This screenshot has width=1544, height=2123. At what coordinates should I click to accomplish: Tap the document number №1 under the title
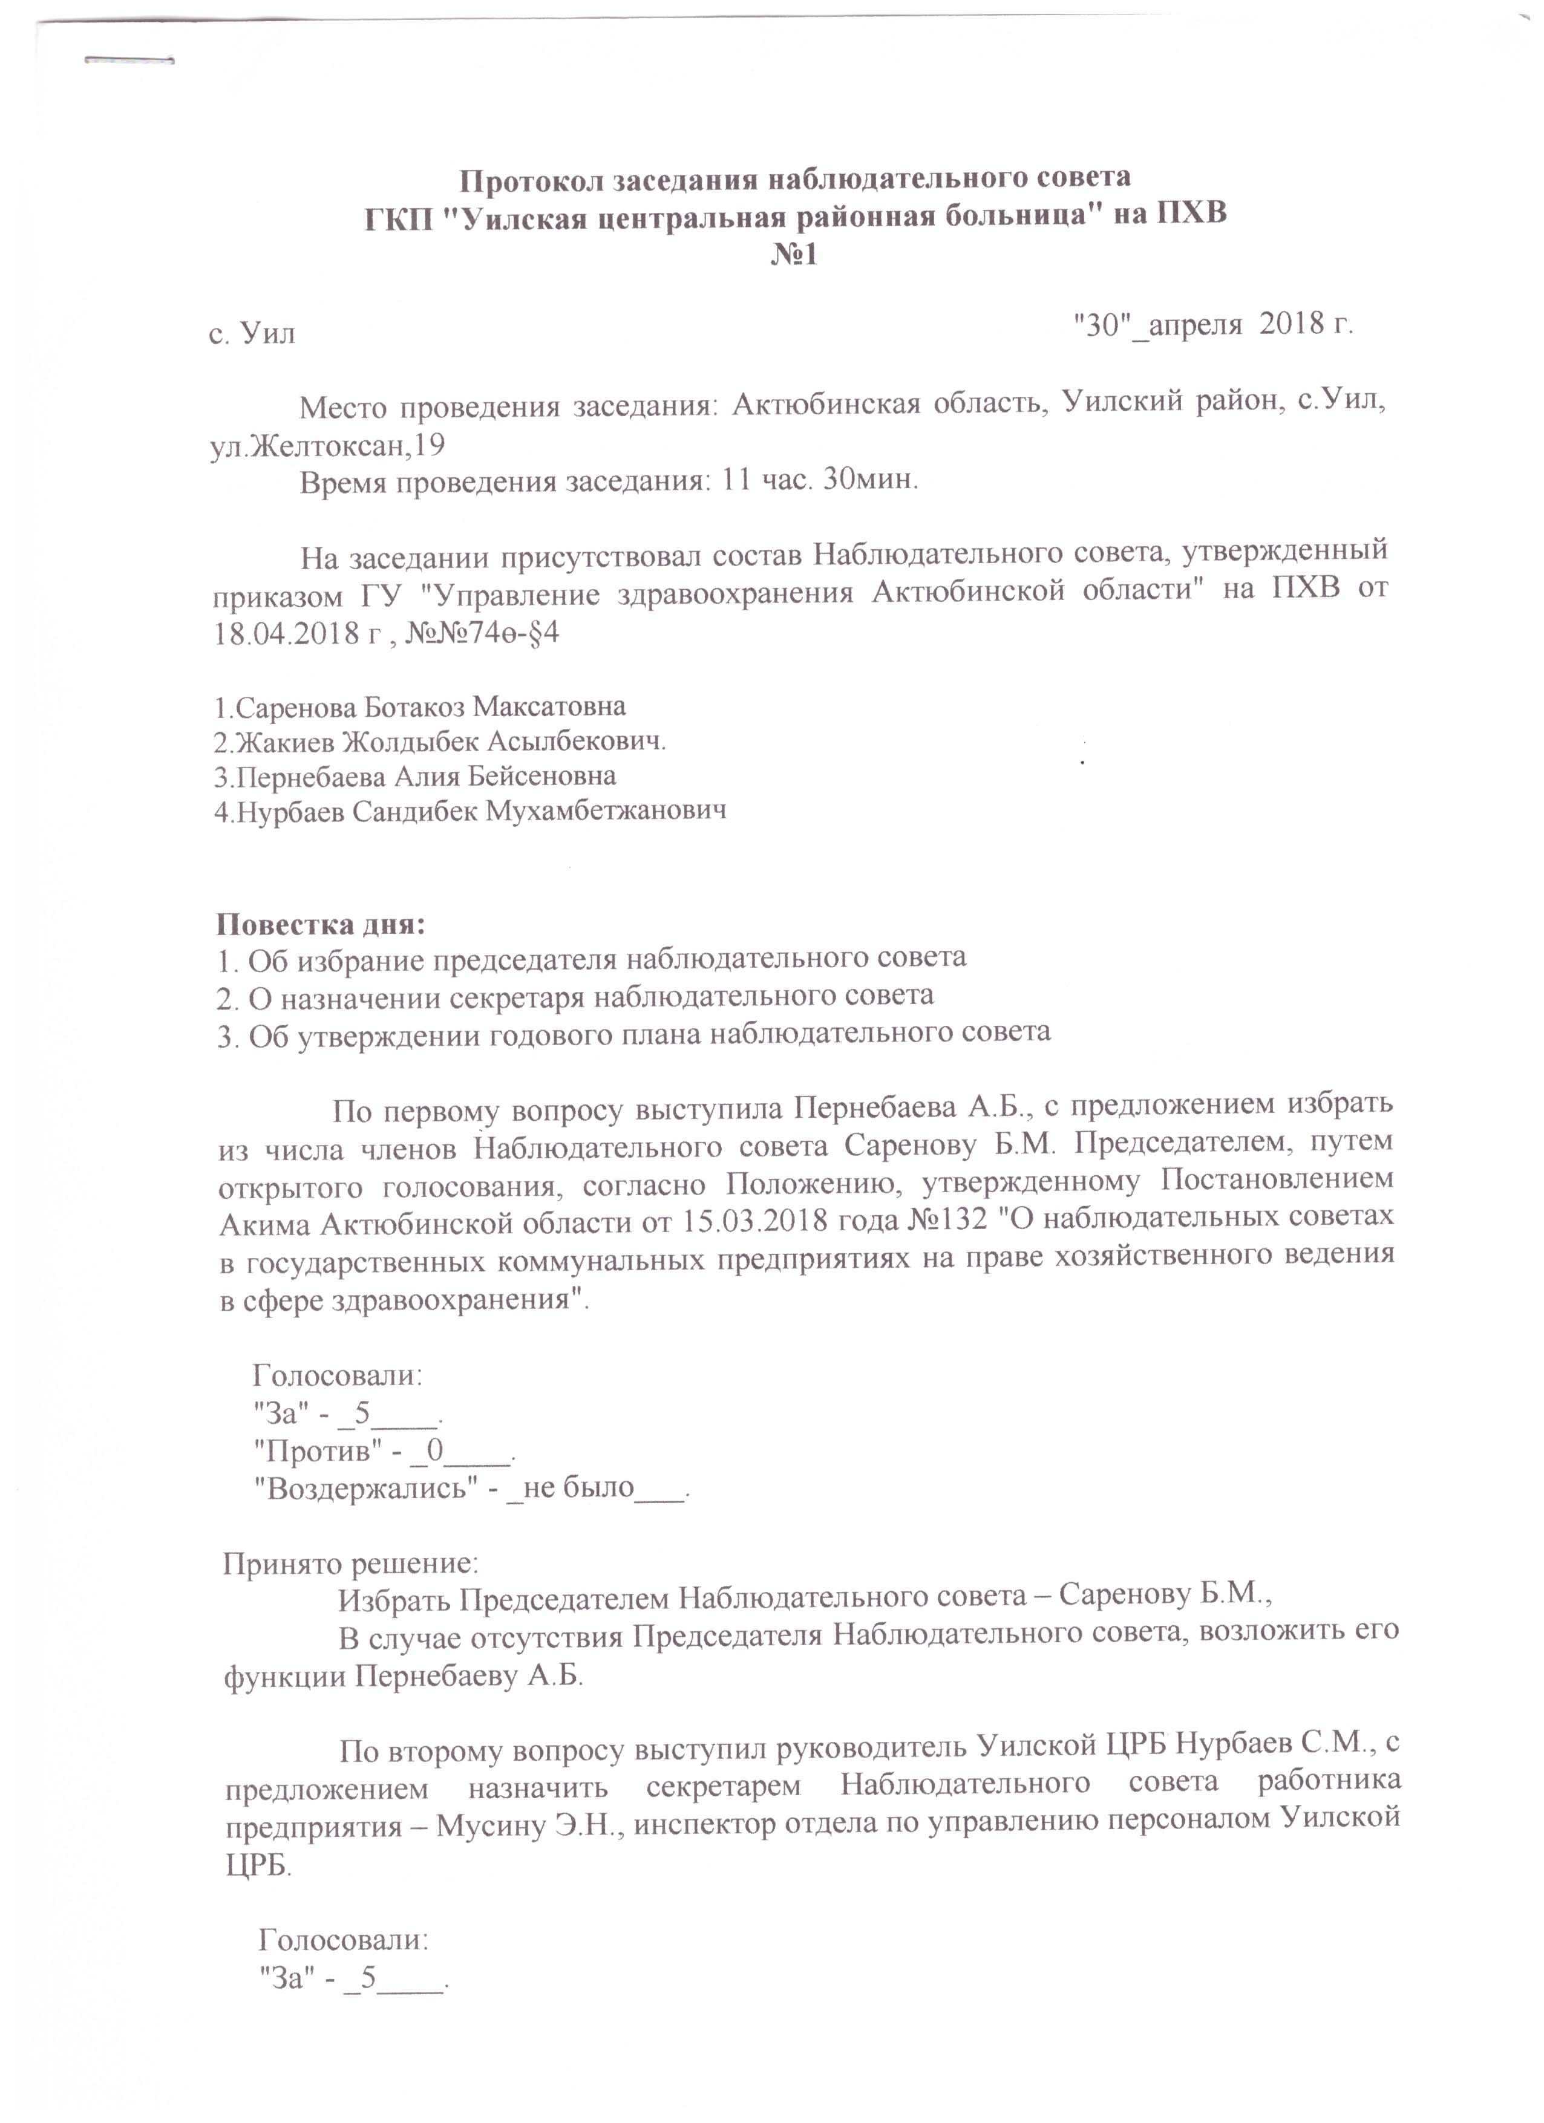tap(794, 255)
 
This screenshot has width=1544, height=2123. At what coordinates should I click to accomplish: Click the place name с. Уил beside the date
tap(251, 333)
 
